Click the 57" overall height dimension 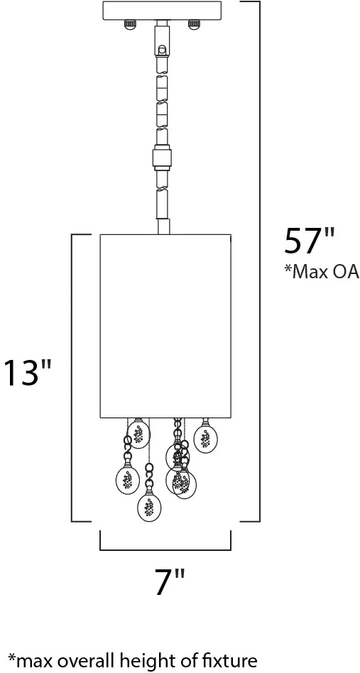point(309,242)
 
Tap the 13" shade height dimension point(28,372)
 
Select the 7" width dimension point(169,581)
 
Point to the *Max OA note point(322,272)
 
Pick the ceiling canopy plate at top point(162,11)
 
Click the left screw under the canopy point(129,24)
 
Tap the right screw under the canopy point(195,24)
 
